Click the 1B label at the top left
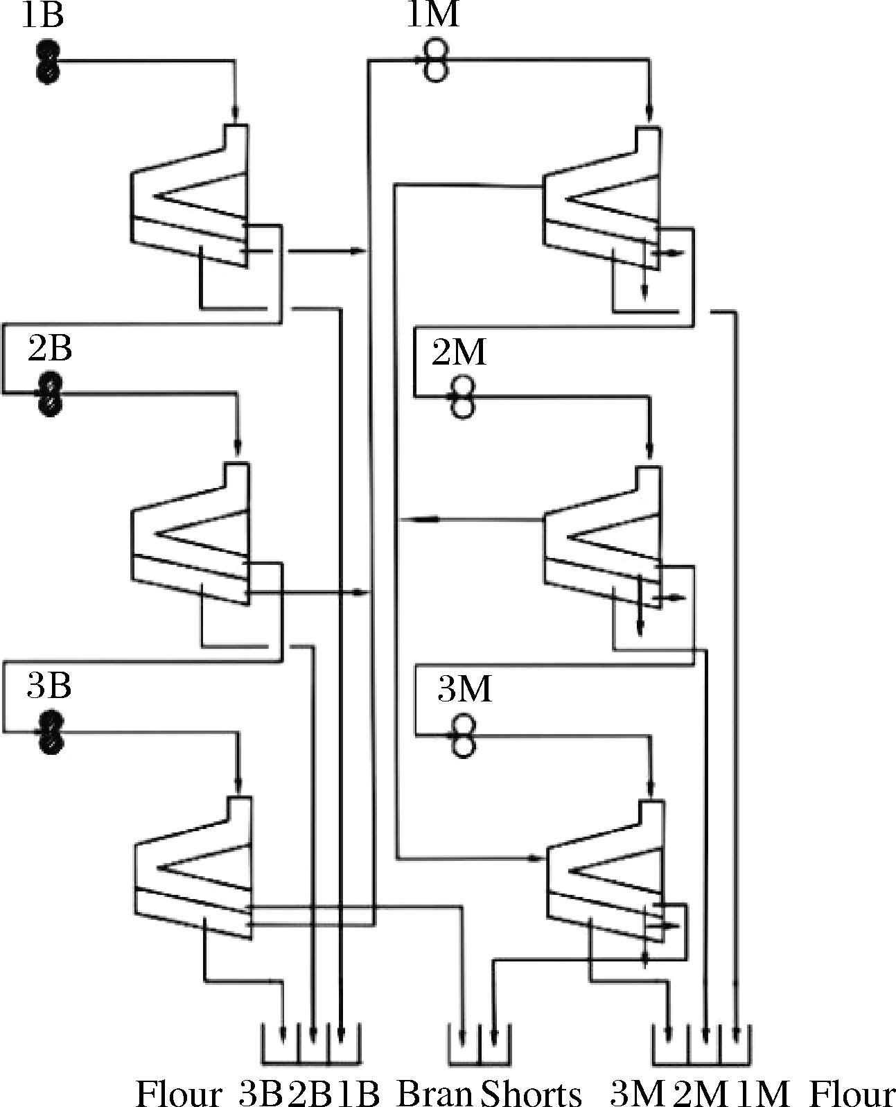tap(43, 15)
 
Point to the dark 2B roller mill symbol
tap(49, 394)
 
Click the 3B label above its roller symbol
tap(49, 686)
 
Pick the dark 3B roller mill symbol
tap(49, 732)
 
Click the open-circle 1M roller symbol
tap(434, 62)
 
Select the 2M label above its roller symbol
tap(459, 353)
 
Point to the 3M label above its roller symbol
tap(464, 690)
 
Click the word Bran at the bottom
tap(434, 1094)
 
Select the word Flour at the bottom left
tap(179, 1094)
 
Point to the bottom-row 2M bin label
tap(701, 1094)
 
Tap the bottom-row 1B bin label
tap(358, 1094)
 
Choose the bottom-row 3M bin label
tap(638, 1094)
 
